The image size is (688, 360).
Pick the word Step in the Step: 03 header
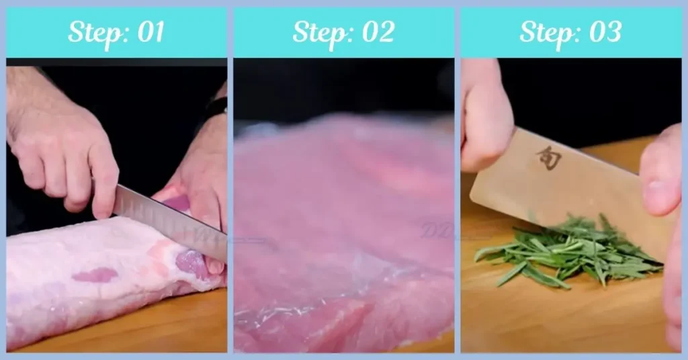point(548,32)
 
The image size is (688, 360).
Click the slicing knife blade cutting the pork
point(171,222)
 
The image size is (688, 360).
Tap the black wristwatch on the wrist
point(217,106)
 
